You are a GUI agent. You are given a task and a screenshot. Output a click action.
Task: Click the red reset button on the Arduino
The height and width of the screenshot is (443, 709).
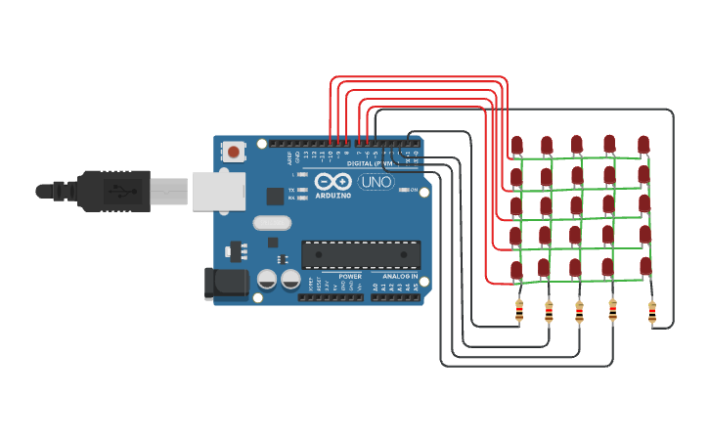pos(234,152)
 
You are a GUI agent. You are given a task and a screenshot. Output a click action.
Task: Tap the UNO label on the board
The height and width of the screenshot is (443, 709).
pos(376,182)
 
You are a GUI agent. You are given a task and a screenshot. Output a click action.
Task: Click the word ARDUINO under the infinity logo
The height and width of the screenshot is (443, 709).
pos(332,196)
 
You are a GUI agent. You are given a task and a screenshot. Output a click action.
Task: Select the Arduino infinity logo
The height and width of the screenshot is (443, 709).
pos(332,182)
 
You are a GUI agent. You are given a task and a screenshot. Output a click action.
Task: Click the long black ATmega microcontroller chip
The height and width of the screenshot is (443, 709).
pos(361,255)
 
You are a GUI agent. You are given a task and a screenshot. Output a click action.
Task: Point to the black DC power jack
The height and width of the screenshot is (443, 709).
pos(224,284)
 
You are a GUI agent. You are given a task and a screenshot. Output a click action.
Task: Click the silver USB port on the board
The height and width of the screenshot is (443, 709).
pos(216,191)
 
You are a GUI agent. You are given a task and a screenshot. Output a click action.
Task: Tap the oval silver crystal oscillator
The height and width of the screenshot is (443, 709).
pos(272,222)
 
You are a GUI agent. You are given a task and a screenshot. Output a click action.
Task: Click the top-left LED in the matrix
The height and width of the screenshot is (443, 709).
pos(516,146)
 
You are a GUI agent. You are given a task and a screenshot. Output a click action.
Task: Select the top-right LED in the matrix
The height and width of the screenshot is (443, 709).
pos(643,145)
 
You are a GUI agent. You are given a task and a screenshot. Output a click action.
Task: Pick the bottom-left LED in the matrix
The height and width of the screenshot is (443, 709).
pos(516,269)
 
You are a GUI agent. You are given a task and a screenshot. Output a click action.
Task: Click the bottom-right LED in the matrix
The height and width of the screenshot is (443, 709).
pos(643,266)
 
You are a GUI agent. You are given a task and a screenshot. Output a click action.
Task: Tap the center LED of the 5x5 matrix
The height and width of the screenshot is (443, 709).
pos(578,205)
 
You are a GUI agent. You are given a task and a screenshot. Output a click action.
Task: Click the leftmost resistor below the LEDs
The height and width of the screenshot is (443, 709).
pos(518,312)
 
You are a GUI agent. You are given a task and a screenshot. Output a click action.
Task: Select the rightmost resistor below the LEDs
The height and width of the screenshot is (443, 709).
pos(652,312)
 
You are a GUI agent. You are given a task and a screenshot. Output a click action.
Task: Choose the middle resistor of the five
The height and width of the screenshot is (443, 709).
pos(579,312)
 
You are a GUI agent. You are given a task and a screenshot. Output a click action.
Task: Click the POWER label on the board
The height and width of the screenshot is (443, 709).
pos(350,277)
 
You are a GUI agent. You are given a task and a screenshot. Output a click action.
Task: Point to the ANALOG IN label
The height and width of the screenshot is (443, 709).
pos(401,277)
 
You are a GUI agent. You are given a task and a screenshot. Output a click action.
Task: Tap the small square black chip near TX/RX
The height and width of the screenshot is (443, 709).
pos(276,196)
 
